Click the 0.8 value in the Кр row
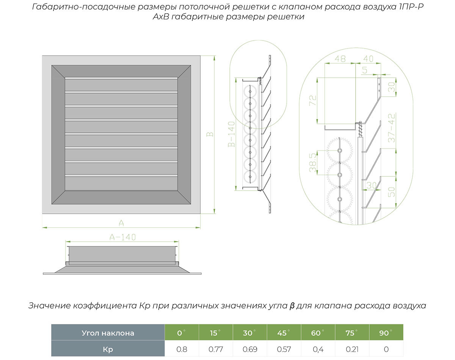182,349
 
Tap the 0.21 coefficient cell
351,349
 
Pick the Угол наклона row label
108,333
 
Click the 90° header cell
386,333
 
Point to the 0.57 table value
284,349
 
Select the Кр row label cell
108,349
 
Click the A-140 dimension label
122,237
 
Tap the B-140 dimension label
231,134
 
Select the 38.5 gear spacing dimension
312,163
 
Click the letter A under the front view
121,222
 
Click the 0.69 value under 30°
250,349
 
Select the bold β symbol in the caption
292,306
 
